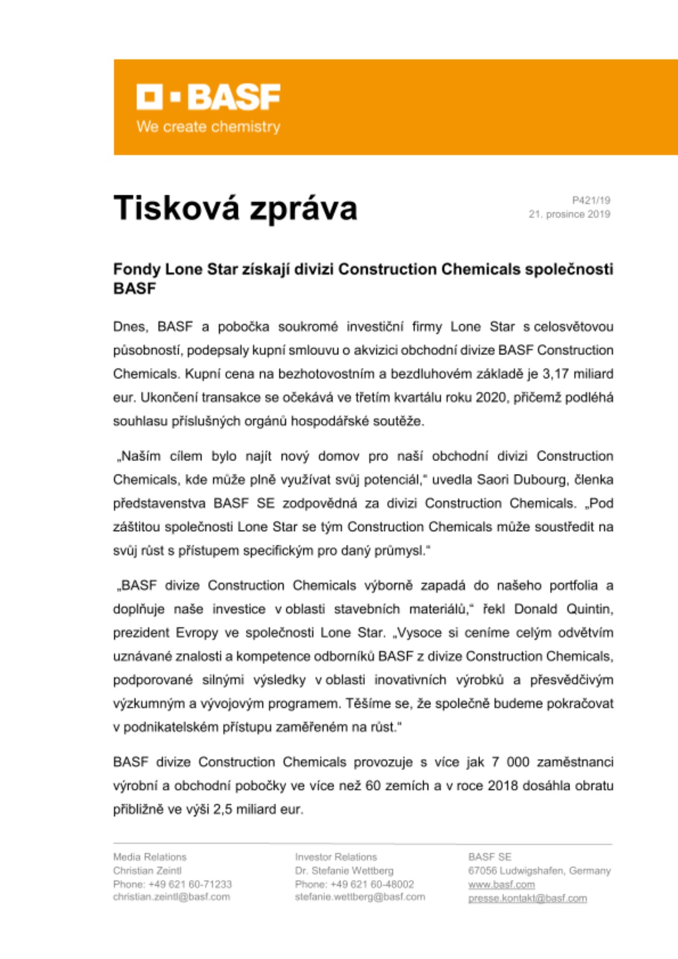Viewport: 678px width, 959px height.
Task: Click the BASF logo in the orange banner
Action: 208,97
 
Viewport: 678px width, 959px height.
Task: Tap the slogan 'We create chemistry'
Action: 208,127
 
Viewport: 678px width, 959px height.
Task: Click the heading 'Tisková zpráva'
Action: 235,208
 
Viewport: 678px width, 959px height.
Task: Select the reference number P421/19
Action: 591,200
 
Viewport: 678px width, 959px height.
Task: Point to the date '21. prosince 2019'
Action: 569,214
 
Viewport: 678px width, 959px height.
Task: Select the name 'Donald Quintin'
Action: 563,609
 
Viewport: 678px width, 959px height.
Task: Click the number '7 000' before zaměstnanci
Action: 510,762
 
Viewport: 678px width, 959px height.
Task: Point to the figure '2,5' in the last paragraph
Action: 223,810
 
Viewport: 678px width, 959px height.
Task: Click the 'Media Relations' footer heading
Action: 150,857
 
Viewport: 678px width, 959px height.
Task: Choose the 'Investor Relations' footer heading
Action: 336,857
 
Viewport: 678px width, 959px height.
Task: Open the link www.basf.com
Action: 501,885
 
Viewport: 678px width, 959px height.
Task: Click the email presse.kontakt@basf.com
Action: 527,898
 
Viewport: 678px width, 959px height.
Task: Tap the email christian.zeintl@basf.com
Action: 171,897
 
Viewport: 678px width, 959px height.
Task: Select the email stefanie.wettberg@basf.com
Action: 360,897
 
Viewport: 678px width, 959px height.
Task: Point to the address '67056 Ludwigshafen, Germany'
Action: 539,871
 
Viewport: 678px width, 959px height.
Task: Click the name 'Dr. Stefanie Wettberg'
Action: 344,871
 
